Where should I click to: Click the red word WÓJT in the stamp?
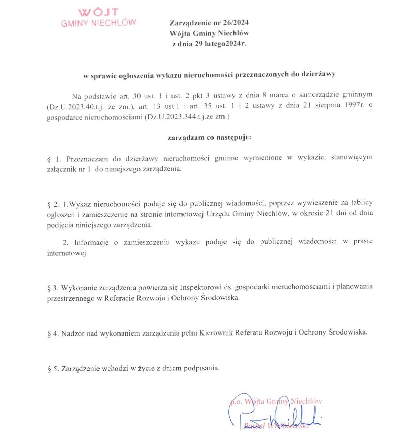98,12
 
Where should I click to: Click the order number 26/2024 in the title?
236,23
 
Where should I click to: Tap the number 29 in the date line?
199,44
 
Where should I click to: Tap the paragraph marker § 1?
54,159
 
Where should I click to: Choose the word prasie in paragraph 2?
363,241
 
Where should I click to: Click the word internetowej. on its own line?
67,253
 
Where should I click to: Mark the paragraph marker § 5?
53,369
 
